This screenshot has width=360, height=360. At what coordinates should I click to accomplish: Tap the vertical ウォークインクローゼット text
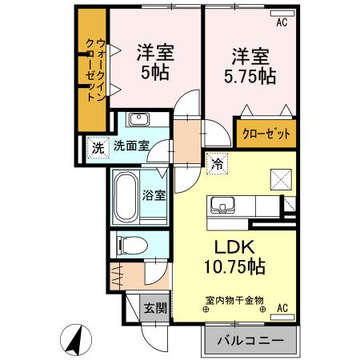point(94,69)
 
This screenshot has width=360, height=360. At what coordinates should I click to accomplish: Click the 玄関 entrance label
point(155,306)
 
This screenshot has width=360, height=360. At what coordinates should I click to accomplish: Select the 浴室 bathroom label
point(154,195)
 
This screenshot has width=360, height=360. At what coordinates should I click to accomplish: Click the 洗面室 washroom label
point(130,146)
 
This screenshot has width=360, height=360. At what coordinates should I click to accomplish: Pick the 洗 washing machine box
point(97,147)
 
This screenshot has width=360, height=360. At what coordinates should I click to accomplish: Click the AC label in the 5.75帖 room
point(282,22)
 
